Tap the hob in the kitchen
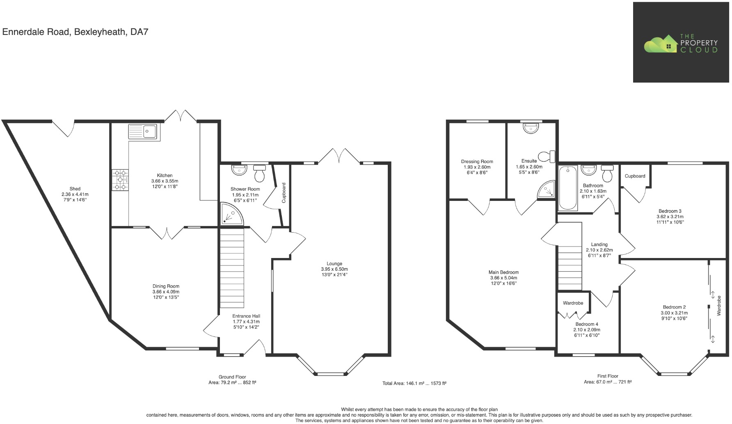120,180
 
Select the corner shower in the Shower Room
231,214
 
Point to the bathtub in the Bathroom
568,188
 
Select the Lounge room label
334,264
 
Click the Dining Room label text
166,286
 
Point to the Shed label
75,189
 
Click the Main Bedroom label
503,272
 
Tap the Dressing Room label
477,162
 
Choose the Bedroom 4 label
586,324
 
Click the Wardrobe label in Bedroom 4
573,303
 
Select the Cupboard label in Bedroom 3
635,176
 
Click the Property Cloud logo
681,43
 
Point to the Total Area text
414,383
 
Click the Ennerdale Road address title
75,32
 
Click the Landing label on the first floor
599,244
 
